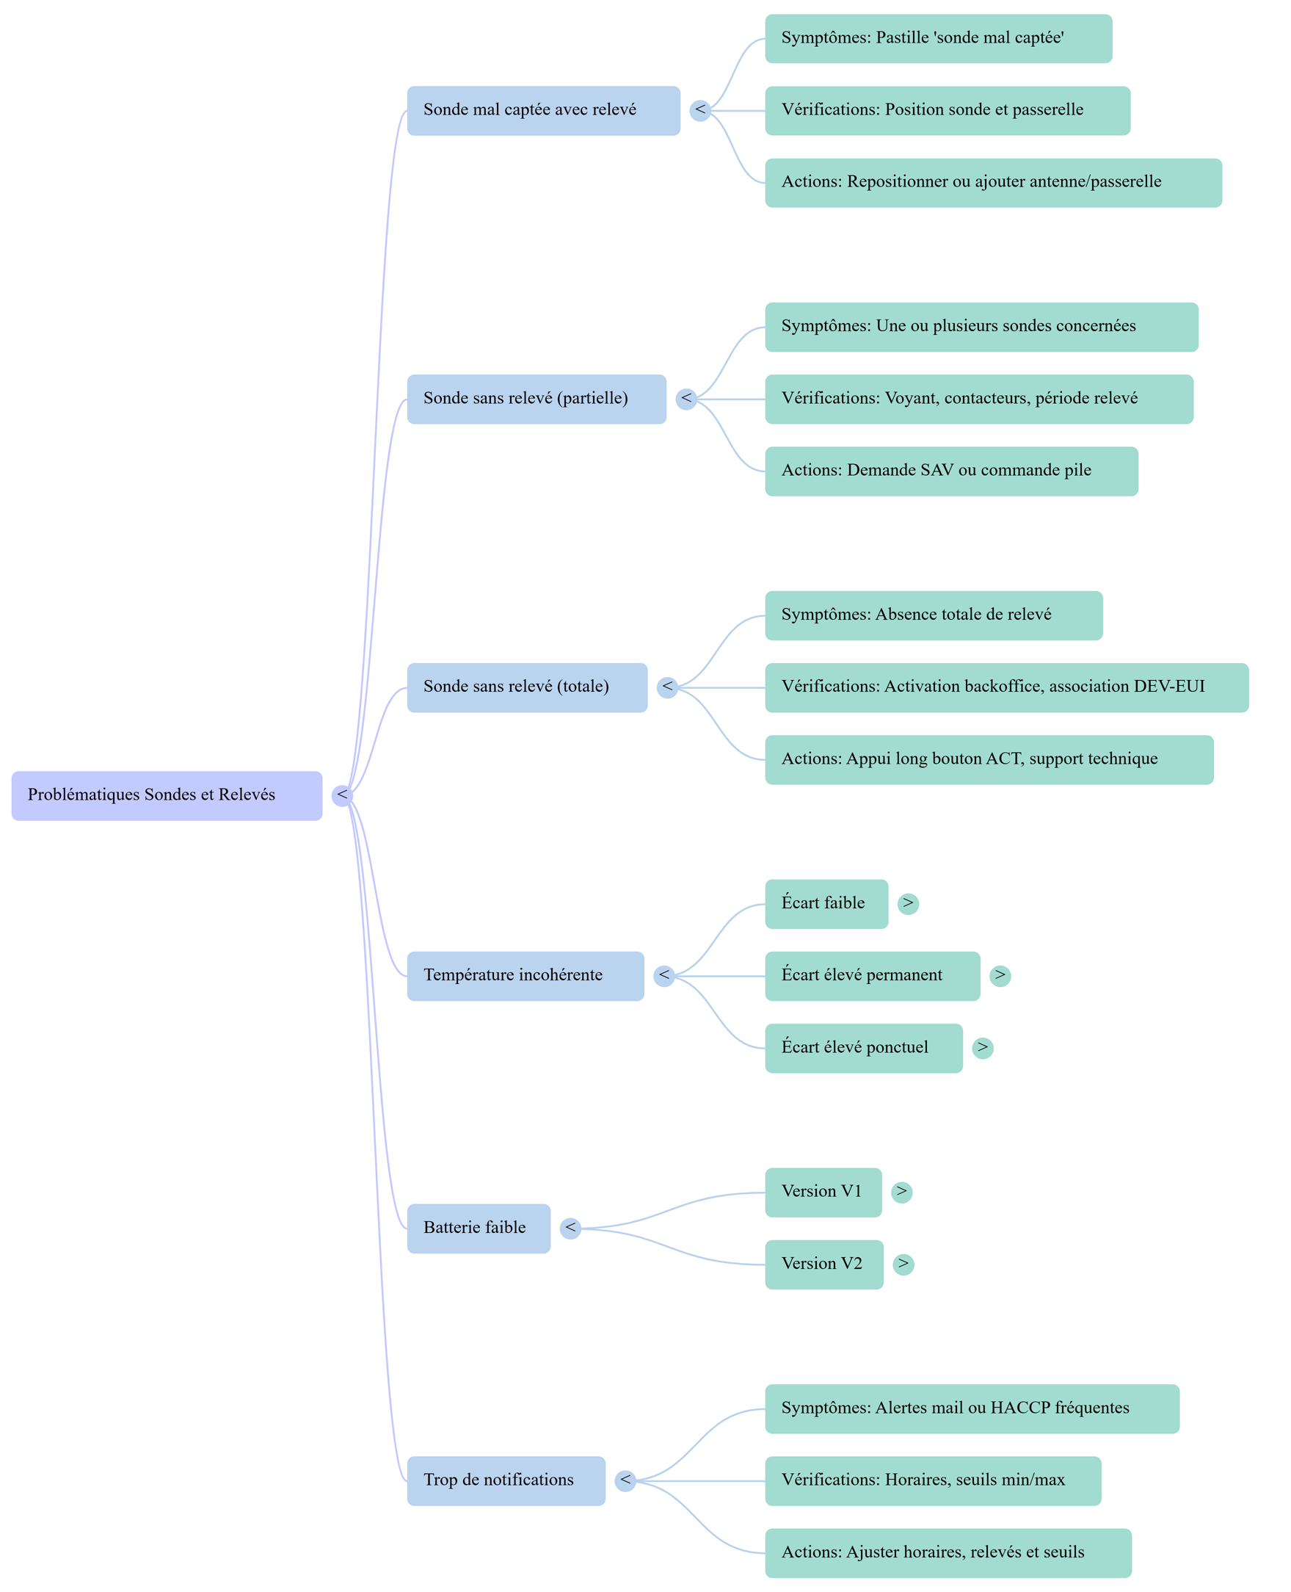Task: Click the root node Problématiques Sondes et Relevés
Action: [167, 795]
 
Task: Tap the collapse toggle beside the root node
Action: [342, 795]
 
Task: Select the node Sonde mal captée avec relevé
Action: [543, 110]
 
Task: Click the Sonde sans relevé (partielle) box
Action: [537, 399]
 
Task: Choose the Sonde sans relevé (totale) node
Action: [526, 687]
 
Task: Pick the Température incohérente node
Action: [525, 975]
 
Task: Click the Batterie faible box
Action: [479, 1228]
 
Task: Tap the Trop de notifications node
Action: [506, 1480]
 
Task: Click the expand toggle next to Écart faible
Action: [908, 903]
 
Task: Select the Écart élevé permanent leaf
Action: [872, 975]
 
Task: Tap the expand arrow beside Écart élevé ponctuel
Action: [983, 1047]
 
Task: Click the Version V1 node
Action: [823, 1192]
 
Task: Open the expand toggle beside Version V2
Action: [903, 1264]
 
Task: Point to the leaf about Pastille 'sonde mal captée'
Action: [938, 38]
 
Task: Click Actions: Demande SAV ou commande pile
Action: [951, 471]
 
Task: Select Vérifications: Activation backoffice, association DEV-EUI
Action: [1006, 687]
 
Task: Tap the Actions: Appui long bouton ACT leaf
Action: [989, 759]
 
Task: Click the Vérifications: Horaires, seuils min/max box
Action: [933, 1480]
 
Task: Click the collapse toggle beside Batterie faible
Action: [570, 1228]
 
